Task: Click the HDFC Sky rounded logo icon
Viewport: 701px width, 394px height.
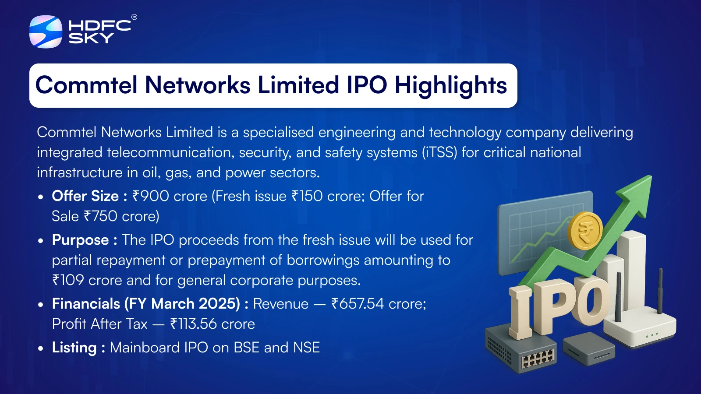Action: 46,32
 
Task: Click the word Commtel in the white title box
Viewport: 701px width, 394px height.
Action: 86,85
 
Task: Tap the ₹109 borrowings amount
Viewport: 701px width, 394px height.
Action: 68,280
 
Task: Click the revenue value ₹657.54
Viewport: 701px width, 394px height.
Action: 358,304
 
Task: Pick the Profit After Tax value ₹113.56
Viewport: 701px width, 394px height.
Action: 193,324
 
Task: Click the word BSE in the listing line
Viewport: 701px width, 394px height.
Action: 247,348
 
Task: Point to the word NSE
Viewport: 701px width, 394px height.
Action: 306,348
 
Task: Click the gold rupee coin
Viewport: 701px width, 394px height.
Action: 585,230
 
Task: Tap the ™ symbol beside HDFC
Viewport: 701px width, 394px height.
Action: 134,17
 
